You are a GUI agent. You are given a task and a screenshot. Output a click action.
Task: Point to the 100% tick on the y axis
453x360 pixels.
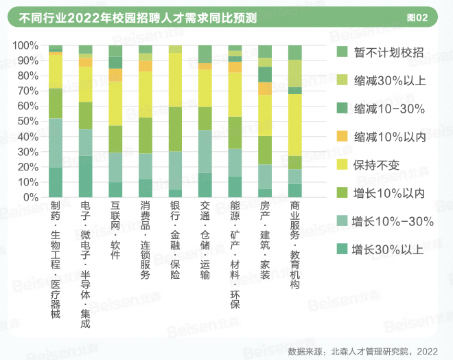click(x=25, y=45)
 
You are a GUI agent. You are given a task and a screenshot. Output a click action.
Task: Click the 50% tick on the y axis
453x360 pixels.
click(x=26, y=121)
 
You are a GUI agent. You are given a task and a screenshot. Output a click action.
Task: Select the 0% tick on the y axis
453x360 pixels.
click(x=29, y=196)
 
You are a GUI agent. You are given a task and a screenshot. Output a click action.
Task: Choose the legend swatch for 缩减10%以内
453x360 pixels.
click(x=342, y=137)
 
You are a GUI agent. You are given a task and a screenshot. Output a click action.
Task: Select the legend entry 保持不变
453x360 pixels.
click(x=374, y=165)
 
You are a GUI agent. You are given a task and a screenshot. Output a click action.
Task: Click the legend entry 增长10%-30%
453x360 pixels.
click(x=392, y=221)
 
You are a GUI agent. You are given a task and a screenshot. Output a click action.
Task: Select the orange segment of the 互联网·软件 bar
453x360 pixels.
click(x=115, y=75)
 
